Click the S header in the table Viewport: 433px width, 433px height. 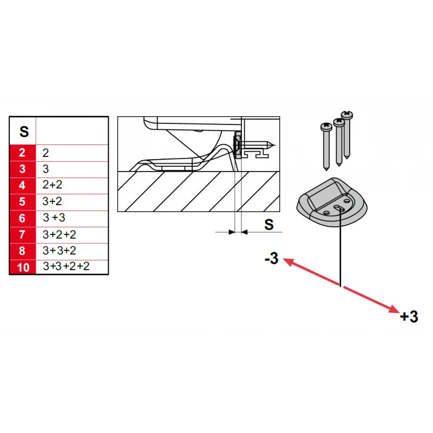pyautogui.click(x=24, y=132)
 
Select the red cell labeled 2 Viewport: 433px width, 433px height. pyautogui.click(x=23, y=153)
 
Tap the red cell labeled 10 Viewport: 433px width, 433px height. pyautogui.click(x=23, y=267)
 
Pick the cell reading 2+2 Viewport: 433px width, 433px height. pyautogui.click(x=52, y=185)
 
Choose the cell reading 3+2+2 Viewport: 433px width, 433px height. pyautogui.click(x=59, y=235)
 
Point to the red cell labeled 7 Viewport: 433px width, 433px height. pyautogui.click(x=23, y=235)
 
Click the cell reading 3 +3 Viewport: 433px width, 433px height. pyautogui.click(x=54, y=218)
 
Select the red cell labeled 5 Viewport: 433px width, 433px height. pyautogui.click(x=23, y=202)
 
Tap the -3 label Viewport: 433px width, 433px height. pyautogui.click(x=272, y=259)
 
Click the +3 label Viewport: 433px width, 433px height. pyautogui.click(x=409, y=317)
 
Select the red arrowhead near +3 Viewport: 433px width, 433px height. pyautogui.click(x=394, y=309)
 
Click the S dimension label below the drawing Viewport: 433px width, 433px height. pyautogui.click(x=268, y=225)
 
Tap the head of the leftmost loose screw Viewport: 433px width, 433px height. pyautogui.click(x=326, y=127)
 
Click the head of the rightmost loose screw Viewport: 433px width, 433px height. pyautogui.click(x=347, y=115)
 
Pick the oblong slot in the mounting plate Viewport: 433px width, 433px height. pyautogui.click(x=339, y=208)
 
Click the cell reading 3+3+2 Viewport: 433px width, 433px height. pyautogui.click(x=60, y=251)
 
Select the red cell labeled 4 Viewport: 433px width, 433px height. pyautogui.click(x=23, y=186)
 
